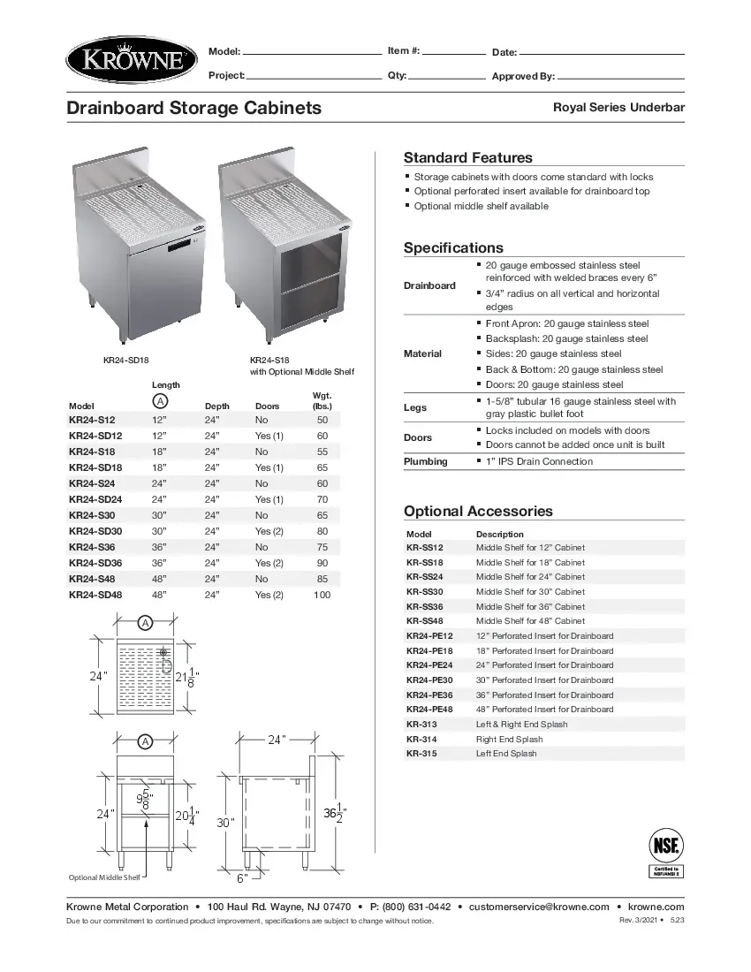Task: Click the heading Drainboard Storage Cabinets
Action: pos(194,109)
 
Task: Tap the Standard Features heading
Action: pos(467,158)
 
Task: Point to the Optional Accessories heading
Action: pos(478,512)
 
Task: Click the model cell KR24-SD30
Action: pos(95,531)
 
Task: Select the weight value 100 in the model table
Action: pos(322,595)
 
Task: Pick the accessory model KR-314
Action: pos(421,739)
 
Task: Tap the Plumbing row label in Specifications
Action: pos(426,461)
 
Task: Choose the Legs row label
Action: pos(415,407)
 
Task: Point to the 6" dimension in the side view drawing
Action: pos(241,877)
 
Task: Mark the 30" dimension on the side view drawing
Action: pos(225,822)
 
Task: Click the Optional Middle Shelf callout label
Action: pos(104,877)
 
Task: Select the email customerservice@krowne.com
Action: pos(538,907)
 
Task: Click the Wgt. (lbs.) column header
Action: pos(322,400)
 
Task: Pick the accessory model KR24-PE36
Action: pos(429,695)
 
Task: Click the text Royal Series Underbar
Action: pos(618,108)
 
